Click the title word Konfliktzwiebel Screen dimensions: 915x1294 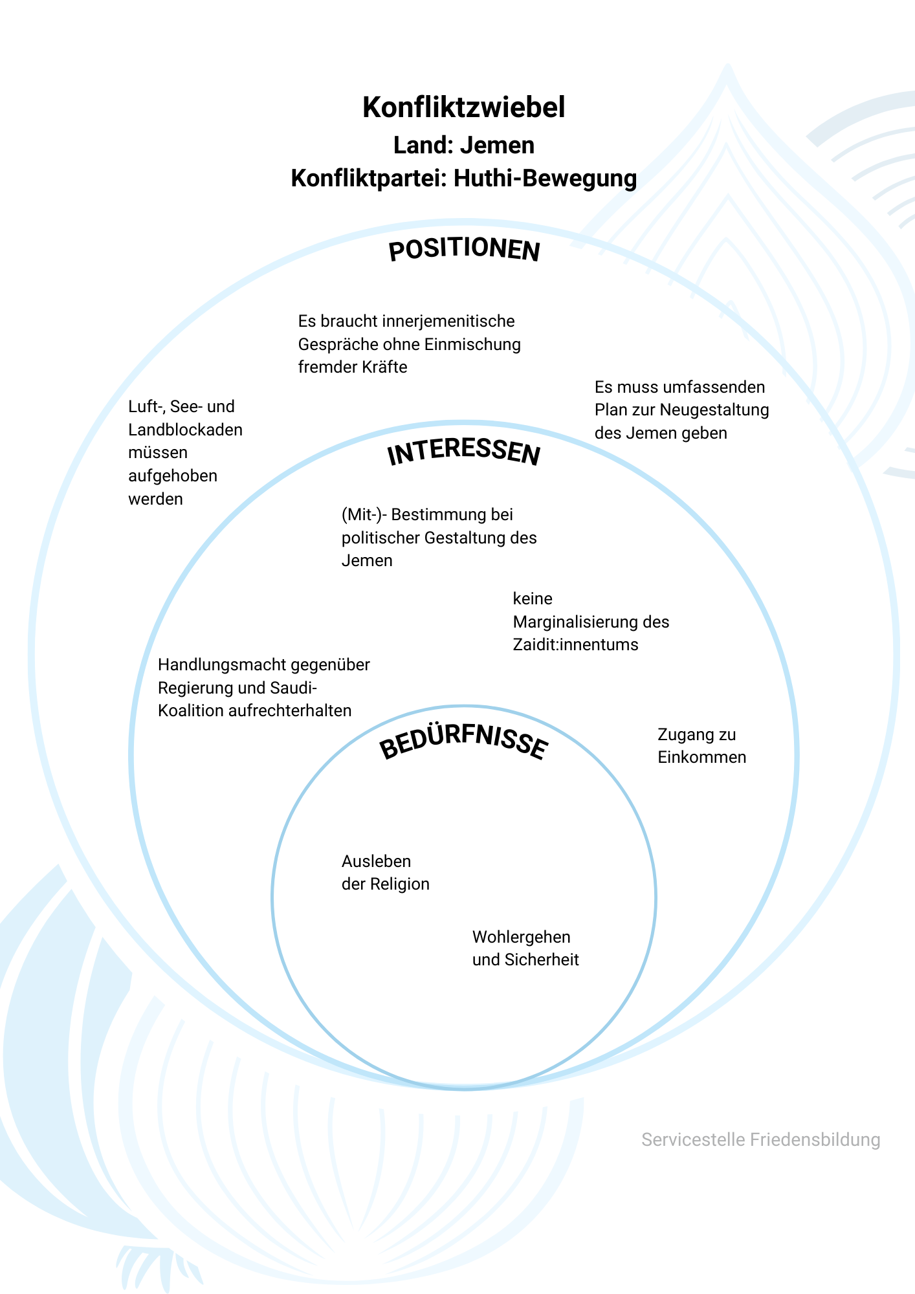click(464, 107)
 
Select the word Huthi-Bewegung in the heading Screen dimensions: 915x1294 click(546, 178)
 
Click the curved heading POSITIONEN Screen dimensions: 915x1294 click(464, 250)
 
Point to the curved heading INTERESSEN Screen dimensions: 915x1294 click(464, 452)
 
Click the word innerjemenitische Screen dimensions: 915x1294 click(449, 322)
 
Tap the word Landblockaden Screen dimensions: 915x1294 click(185, 430)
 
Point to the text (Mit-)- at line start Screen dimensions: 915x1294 click(364, 515)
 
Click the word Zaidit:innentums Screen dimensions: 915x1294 click(575, 645)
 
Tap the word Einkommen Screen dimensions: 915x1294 click(702, 758)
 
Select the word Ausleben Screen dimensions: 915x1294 click(376, 862)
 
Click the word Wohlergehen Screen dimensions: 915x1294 click(522, 938)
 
